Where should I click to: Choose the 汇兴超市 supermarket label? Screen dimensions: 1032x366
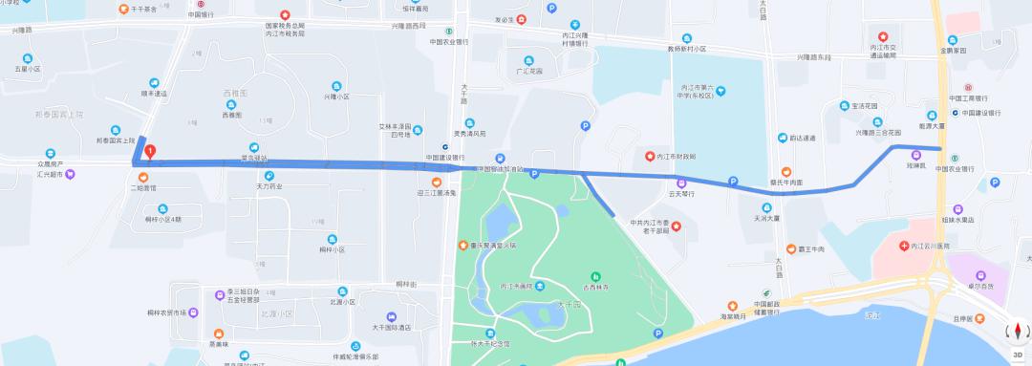pyautogui.click(x=50, y=175)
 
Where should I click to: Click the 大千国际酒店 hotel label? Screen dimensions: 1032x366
pyautogui.click(x=392, y=327)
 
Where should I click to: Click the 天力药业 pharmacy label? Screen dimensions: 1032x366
pyautogui.click(x=269, y=186)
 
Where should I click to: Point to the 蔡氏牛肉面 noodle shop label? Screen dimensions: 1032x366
pyautogui.click(x=789, y=182)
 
